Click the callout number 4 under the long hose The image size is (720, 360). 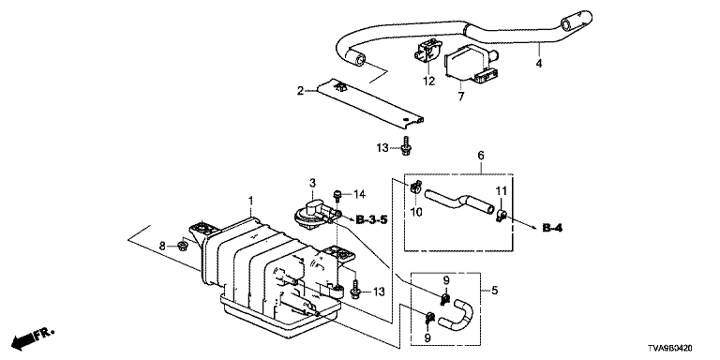[x=539, y=64]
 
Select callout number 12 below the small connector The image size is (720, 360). [x=428, y=82]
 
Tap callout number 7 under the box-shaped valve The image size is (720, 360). [x=461, y=96]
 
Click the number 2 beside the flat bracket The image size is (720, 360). [x=300, y=91]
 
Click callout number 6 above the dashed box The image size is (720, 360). [x=481, y=156]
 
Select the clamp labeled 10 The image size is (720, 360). [x=415, y=186]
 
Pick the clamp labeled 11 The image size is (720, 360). [x=501, y=214]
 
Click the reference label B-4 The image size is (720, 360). [x=552, y=228]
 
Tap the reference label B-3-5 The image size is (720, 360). [x=371, y=220]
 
